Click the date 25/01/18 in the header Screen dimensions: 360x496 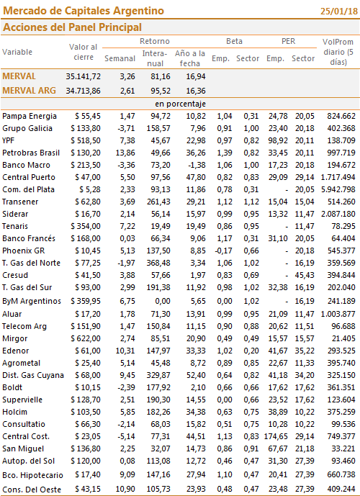(339, 12)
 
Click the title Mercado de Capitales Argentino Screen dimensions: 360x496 (84, 11)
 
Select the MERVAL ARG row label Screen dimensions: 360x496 (29, 91)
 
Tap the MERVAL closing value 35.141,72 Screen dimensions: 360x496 (84, 76)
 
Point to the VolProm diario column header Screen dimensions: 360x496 (338, 52)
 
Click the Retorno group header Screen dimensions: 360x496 (155, 41)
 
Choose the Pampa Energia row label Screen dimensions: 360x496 (30, 117)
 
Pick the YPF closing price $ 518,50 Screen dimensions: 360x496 (86, 141)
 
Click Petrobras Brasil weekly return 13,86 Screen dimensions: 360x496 (125, 153)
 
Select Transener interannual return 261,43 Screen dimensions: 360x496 (158, 202)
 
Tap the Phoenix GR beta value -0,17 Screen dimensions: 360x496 (223, 251)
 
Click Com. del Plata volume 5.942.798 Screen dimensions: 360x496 (338, 190)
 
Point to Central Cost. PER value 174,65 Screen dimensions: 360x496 (276, 437)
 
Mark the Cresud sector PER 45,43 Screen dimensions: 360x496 (305, 276)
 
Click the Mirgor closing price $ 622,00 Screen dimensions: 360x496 (86, 339)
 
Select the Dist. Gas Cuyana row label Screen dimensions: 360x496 (33, 376)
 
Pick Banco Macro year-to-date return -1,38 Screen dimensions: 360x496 (196, 165)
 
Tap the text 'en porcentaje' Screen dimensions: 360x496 (180, 104)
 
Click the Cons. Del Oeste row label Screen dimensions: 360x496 (32, 490)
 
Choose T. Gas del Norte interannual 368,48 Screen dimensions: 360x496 (158, 263)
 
